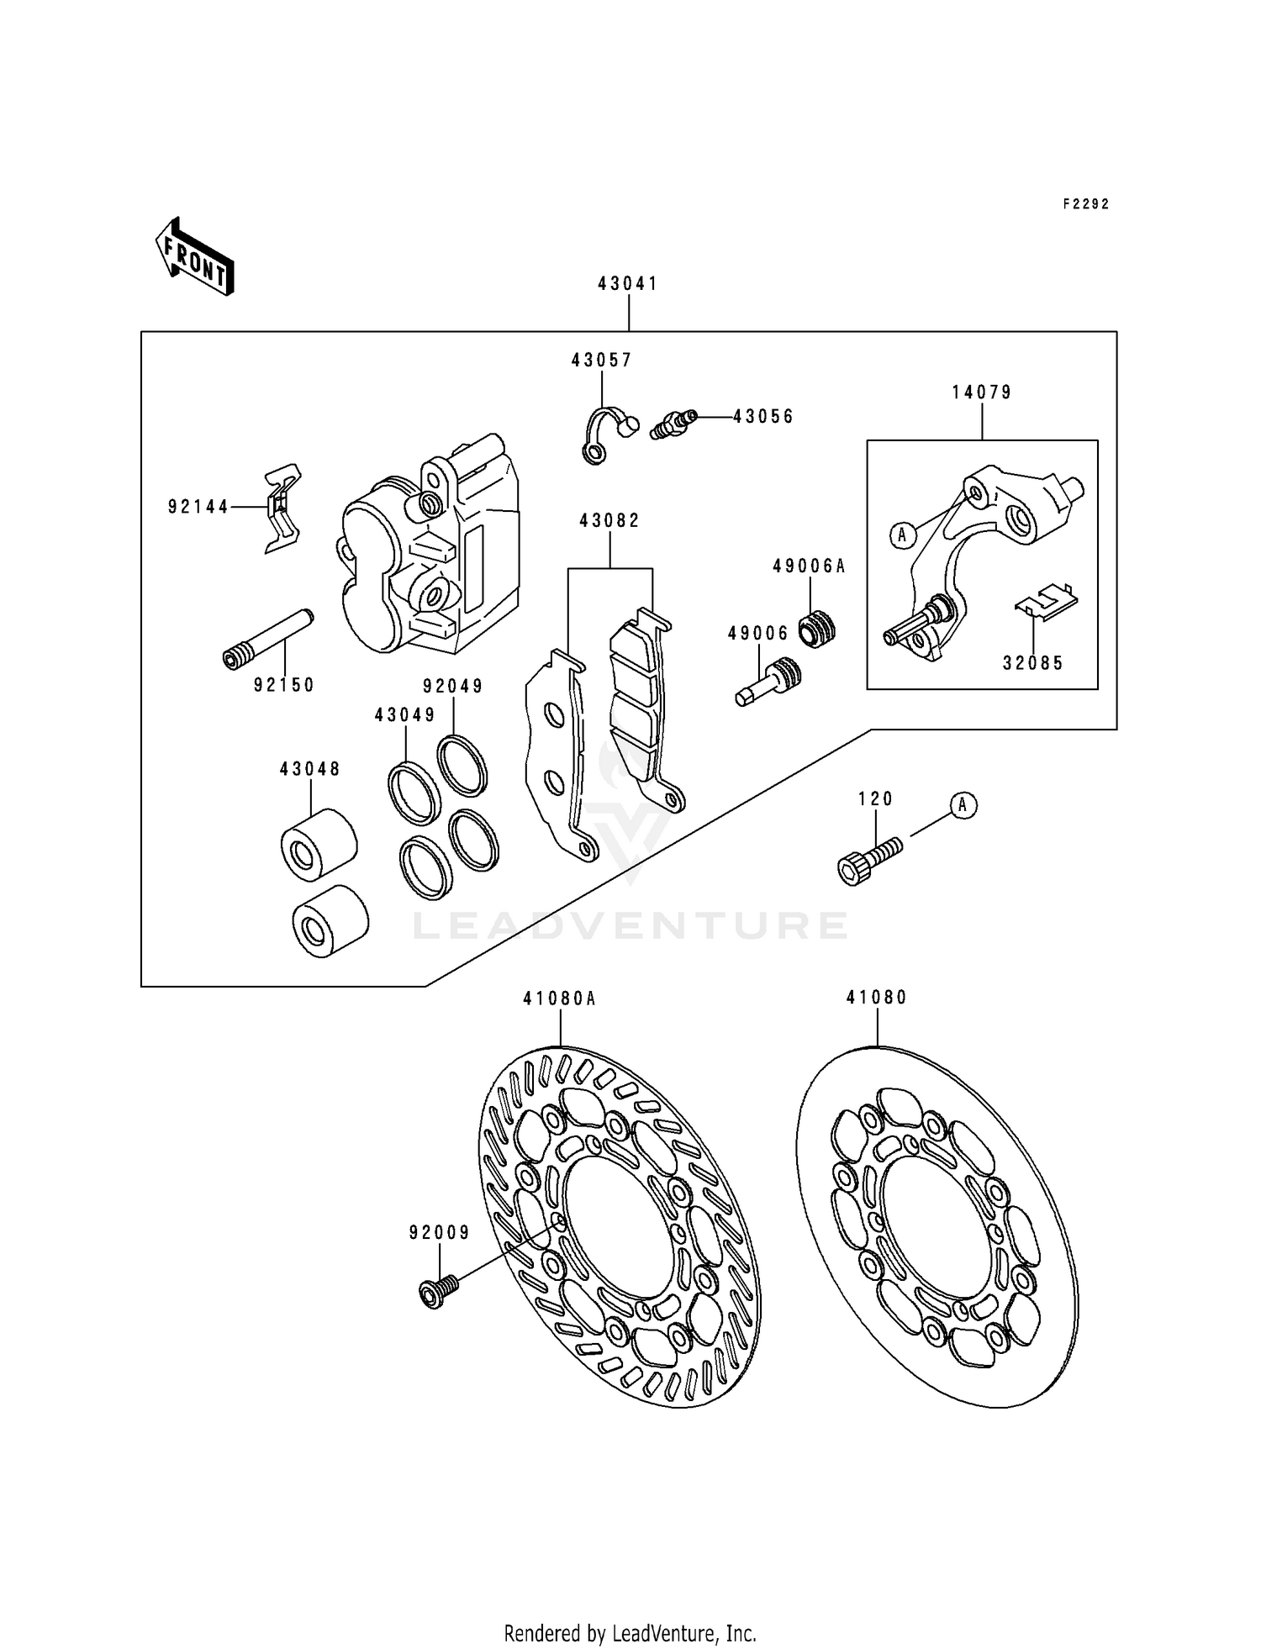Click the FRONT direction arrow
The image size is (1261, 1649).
pyautogui.click(x=194, y=257)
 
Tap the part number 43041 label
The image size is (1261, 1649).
pyautogui.click(x=628, y=284)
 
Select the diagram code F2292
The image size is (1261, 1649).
pyautogui.click(x=1086, y=204)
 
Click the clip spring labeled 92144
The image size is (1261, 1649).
pyautogui.click(x=282, y=508)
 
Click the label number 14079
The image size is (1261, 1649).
pyautogui.click(x=982, y=392)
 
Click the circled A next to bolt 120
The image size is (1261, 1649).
pyautogui.click(x=963, y=805)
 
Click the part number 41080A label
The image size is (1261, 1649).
pyautogui.click(x=559, y=999)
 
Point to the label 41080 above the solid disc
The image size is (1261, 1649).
pyautogui.click(x=877, y=998)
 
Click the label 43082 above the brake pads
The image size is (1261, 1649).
pyautogui.click(x=609, y=521)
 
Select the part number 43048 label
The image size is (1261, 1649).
pyautogui.click(x=310, y=769)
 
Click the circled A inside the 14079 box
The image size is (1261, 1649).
pyautogui.click(x=902, y=534)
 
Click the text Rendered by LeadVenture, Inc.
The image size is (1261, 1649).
pyautogui.click(x=630, y=1633)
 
